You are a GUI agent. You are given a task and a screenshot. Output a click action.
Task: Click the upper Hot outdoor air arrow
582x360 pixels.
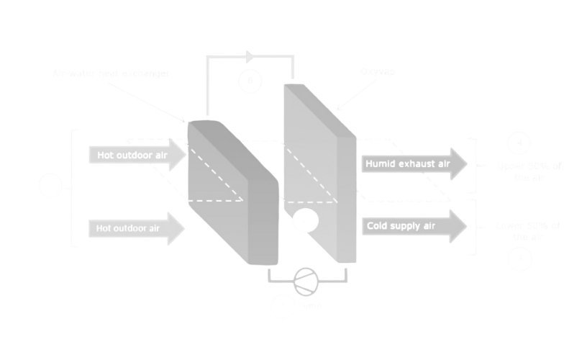coord(137,156)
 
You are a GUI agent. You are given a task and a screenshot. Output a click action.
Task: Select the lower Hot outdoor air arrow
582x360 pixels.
coord(137,229)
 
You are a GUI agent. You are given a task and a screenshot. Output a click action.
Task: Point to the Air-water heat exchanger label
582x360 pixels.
coord(112,73)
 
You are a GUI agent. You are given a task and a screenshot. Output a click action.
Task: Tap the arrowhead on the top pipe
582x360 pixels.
coord(250,56)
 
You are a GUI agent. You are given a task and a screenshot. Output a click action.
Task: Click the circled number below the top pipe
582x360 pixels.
coord(250,81)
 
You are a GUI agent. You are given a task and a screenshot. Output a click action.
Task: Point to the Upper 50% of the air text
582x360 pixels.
coord(529,171)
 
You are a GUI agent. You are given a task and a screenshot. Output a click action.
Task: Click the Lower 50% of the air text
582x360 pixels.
coord(529,231)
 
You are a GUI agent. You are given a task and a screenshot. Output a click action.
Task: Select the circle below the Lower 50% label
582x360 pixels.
coord(519,258)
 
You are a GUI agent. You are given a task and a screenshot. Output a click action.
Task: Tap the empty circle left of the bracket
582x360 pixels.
coord(50,186)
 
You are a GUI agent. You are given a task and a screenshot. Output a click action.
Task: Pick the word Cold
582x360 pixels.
coord(378,227)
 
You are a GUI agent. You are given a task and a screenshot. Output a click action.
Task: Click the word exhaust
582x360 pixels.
coord(413,165)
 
